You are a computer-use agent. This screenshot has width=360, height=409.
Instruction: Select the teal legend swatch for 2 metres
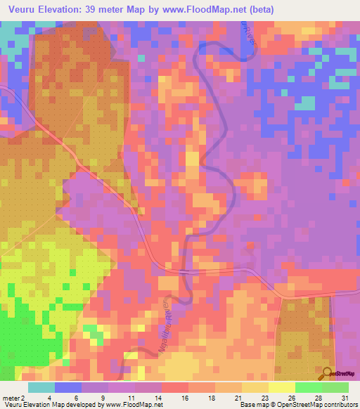[x=41, y=387]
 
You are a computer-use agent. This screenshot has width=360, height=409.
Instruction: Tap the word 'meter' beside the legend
[x=11, y=397]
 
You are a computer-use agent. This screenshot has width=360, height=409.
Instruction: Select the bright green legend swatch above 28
[x=308, y=387]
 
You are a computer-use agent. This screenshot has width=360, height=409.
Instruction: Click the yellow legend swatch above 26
[x=281, y=387]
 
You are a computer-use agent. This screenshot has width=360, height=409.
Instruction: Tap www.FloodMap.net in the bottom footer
[x=133, y=405]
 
